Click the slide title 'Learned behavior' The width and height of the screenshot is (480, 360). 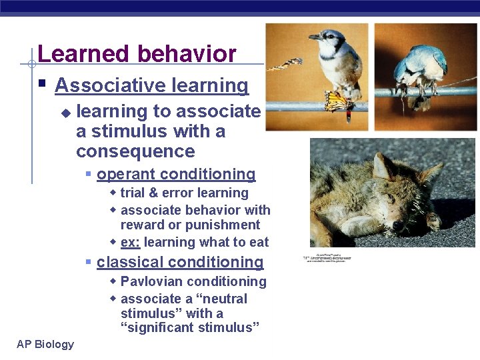tap(137, 54)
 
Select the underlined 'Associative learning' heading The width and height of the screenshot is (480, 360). tap(151, 85)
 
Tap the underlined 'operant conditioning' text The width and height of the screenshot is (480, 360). tap(176, 174)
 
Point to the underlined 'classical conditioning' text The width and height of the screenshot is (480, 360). tap(180, 262)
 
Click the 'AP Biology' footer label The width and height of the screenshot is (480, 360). tap(45, 344)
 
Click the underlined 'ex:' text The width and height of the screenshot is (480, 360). tap(131, 242)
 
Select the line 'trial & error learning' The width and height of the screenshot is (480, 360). tap(184, 193)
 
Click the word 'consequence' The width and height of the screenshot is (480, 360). tap(135, 151)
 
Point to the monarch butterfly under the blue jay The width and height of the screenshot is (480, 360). tap(338, 101)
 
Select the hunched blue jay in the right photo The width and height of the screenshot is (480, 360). tap(420, 67)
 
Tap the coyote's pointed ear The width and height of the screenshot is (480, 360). tap(383, 164)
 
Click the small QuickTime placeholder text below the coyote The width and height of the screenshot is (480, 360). tap(327, 257)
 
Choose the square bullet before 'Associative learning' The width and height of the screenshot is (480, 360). tap(42, 85)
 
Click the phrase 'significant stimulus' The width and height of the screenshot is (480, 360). tap(189, 327)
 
